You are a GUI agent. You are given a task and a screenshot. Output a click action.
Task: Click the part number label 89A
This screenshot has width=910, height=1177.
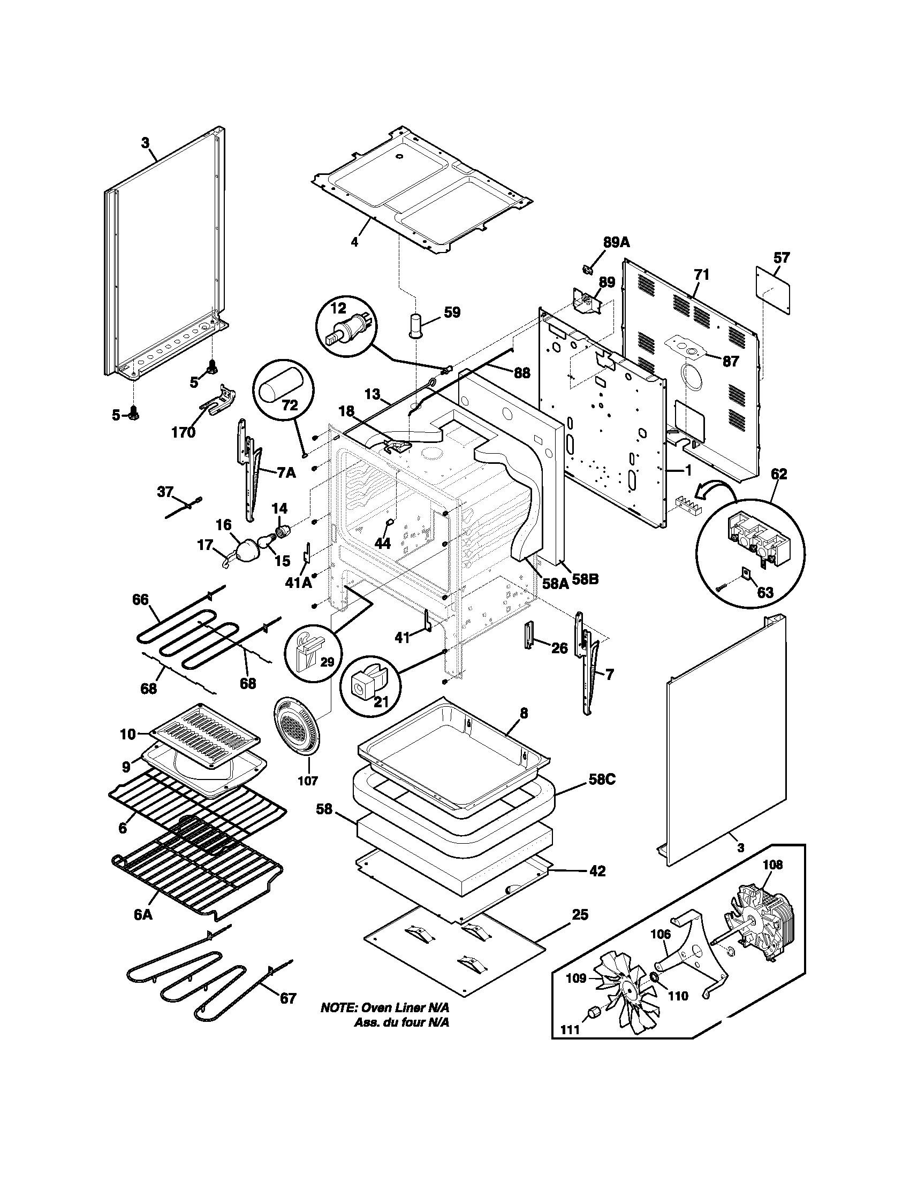coord(616,242)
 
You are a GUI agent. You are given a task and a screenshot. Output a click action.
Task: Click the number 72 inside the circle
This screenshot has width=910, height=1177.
coord(290,406)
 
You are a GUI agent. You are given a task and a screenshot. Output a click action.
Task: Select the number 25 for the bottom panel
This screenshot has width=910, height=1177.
coord(580,914)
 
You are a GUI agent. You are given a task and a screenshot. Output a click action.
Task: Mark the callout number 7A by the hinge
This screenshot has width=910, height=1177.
coord(286,472)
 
